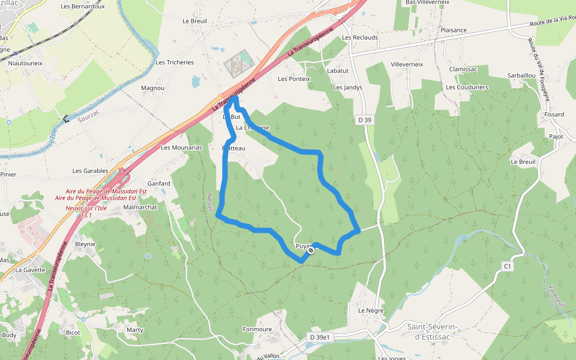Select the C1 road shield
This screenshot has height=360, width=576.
click(508, 266)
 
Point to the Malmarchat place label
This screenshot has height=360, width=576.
click(140, 207)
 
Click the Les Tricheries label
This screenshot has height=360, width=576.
click(175, 62)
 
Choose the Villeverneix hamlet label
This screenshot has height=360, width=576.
click(407, 64)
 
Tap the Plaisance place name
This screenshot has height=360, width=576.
click(453, 30)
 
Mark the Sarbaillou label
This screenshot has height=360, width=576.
click(521, 76)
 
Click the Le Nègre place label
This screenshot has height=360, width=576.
click(370, 311)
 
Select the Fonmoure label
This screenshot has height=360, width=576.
click(257, 329)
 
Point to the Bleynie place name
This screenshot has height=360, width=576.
click(85, 244)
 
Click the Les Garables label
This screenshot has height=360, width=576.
click(90, 171)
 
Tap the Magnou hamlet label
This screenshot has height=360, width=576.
click(152, 88)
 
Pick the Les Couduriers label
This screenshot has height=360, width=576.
click(467, 87)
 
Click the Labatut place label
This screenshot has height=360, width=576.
click(338, 70)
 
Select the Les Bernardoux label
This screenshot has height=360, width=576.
click(83, 7)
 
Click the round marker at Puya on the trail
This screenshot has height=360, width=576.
click(311, 251)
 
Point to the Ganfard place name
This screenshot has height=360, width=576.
click(159, 184)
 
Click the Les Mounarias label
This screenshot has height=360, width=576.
click(181, 147)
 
